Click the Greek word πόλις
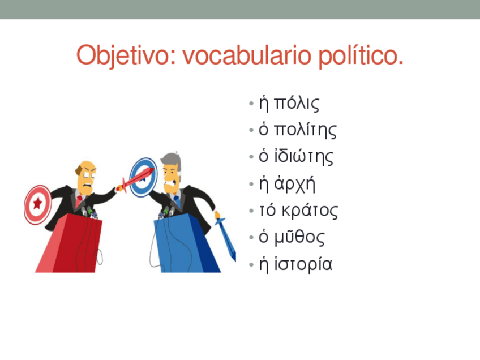click(297, 104)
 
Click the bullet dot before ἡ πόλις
click(251, 105)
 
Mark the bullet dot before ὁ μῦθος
click(251, 238)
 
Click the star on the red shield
click(38, 203)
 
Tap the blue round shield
click(143, 176)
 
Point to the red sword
click(136, 176)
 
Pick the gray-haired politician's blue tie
click(177, 200)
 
